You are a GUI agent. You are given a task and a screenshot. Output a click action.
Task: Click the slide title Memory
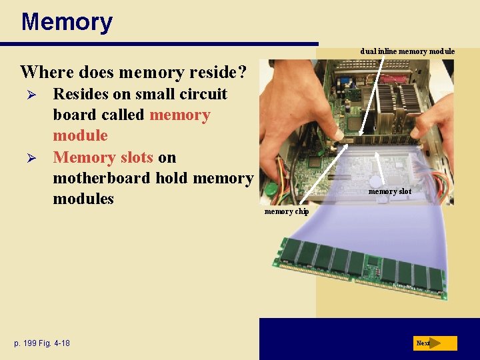point(67,22)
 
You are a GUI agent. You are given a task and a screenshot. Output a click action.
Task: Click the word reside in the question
point(205,71)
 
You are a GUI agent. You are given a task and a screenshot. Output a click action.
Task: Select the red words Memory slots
point(103,157)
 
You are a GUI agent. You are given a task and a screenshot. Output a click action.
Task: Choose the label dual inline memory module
point(407,51)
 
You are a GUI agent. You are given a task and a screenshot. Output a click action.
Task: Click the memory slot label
point(390,191)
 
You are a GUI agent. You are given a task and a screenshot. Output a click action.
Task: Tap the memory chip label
point(287,211)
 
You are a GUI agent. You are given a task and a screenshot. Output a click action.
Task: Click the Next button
point(435,343)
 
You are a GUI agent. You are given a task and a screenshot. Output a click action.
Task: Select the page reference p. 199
point(27,343)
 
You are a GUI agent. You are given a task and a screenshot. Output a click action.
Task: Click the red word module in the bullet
point(80,136)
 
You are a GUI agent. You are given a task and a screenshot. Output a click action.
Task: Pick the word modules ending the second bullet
point(83,199)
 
